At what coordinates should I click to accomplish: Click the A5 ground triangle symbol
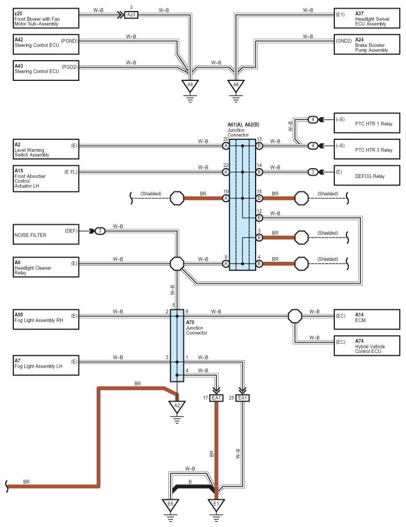coord(190,86)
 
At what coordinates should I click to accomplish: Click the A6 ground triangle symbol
coord(236,86)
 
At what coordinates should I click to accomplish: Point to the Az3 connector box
coord(131,15)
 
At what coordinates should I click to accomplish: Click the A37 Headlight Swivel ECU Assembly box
coord(367,18)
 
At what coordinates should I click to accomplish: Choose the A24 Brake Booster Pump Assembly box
coord(367,44)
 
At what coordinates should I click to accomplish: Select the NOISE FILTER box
coord(46,234)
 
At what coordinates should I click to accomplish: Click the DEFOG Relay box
coord(367,176)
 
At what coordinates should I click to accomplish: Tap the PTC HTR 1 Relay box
coord(367,123)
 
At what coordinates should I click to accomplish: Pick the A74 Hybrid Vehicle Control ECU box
coord(367,346)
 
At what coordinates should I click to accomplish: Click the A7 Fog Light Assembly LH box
coord(46,365)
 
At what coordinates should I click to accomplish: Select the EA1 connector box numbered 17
coord(216,398)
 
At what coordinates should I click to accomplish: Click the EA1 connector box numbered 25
coord(242,398)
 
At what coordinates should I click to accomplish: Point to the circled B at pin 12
coord(259,218)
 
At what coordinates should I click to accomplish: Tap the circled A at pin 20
coord(226,146)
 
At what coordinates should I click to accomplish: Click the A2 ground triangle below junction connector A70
coord(177,407)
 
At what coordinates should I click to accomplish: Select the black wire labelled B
coord(193,487)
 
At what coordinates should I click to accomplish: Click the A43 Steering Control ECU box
coord(46,70)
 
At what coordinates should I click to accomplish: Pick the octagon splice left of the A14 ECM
coord(295,316)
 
